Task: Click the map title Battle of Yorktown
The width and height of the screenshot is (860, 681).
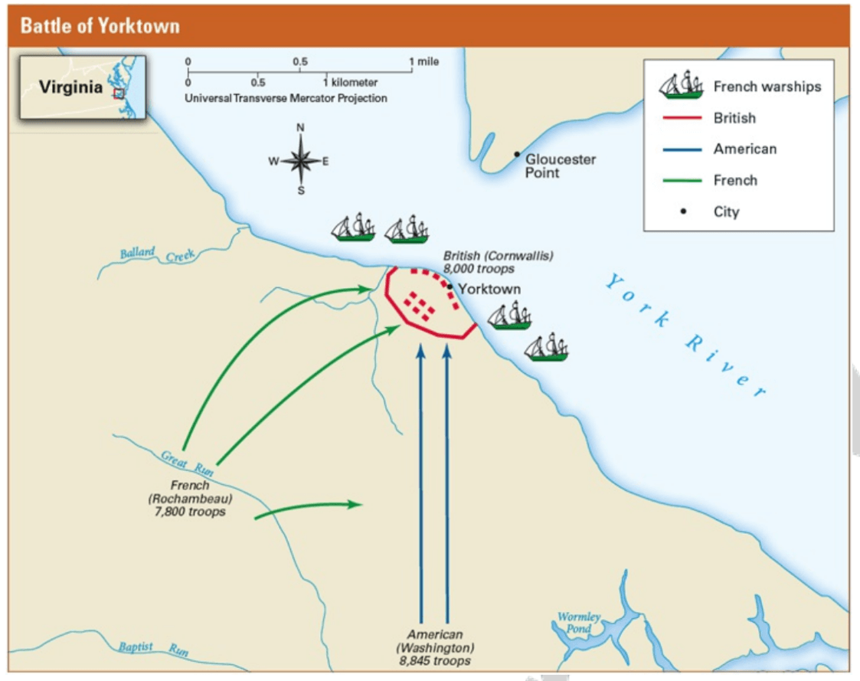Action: [100, 26]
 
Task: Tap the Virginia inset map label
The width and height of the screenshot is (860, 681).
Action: [70, 87]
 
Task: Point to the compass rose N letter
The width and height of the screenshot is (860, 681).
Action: [300, 127]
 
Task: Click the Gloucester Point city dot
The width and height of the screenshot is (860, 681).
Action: [517, 154]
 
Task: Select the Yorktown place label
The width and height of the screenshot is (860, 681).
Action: [489, 289]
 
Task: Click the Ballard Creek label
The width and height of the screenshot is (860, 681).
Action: [158, 254]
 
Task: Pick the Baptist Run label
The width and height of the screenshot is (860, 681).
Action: [154, 648]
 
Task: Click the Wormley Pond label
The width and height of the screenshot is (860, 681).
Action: [579, 622]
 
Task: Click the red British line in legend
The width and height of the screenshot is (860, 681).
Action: [682, 117]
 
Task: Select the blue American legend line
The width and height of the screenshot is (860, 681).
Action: [682, 149]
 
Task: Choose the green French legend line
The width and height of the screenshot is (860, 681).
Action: [682, 180]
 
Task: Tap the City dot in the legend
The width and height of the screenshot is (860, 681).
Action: [683, 211]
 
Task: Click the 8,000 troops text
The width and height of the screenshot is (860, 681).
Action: [479, 269]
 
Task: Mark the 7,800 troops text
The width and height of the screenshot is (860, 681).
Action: [190, 512]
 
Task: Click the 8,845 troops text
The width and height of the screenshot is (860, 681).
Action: [434, 660]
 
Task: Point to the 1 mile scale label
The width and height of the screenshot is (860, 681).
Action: [424, 61]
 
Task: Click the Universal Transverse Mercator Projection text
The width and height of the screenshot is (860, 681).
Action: [286, 98]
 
